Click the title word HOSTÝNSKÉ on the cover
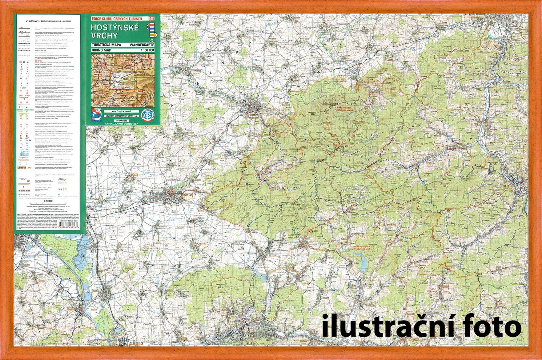(115, 27)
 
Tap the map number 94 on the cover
(151, 18)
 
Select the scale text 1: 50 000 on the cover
(147, 50)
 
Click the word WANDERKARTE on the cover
(142, 45)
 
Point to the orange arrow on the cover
(153, 35)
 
